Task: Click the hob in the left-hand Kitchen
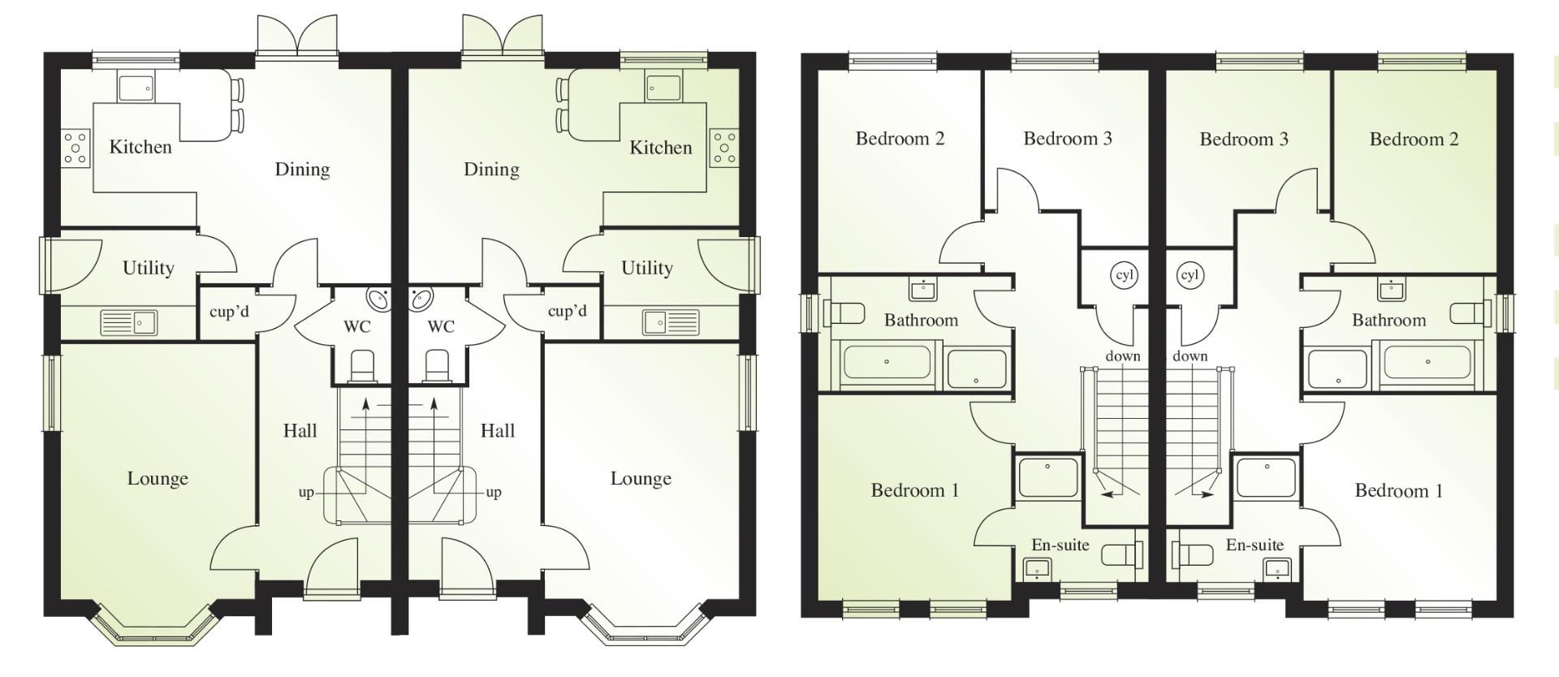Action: point(76,149)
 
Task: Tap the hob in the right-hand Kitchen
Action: point(723,149)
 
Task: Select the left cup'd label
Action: point(229,312)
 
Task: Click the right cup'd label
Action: point(567,311)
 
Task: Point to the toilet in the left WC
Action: point(362,366)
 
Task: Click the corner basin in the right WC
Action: point(421,299)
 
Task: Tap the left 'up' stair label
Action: point(306,492)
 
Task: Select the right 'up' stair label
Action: point(494,492)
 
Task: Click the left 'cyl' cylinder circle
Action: point(1124,275)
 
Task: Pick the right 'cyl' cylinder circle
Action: point(1190,275)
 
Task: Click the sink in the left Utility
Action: point(127,323)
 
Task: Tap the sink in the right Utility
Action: point(671,322)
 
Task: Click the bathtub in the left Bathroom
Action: point(887,363)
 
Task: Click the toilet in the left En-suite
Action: point(1121,555)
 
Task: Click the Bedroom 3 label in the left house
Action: point(1067,139)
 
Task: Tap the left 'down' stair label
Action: point(1123,356)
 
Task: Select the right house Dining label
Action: point(491,170)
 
